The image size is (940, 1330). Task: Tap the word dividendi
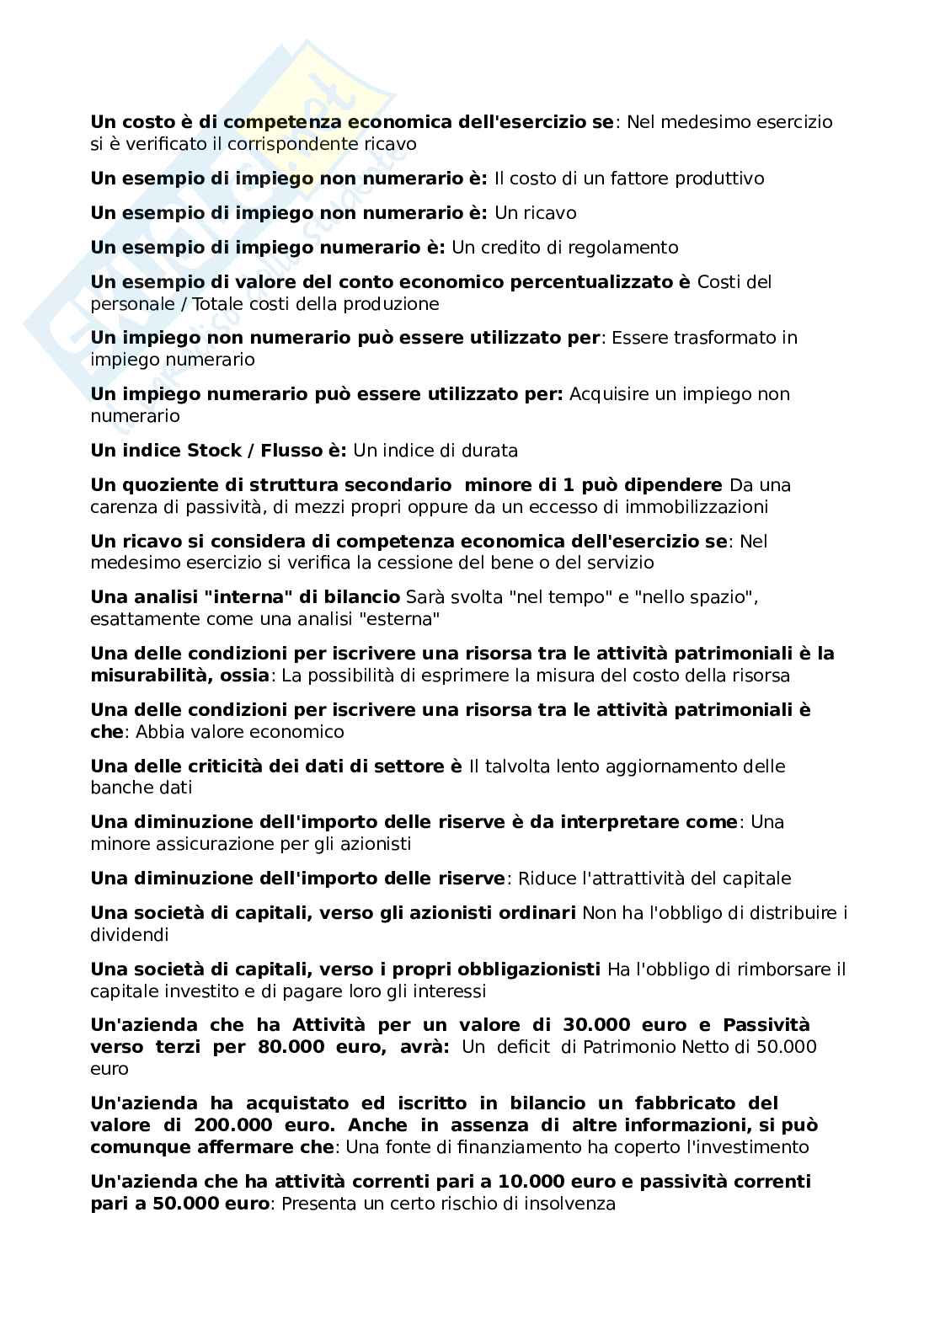pos(130,934)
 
